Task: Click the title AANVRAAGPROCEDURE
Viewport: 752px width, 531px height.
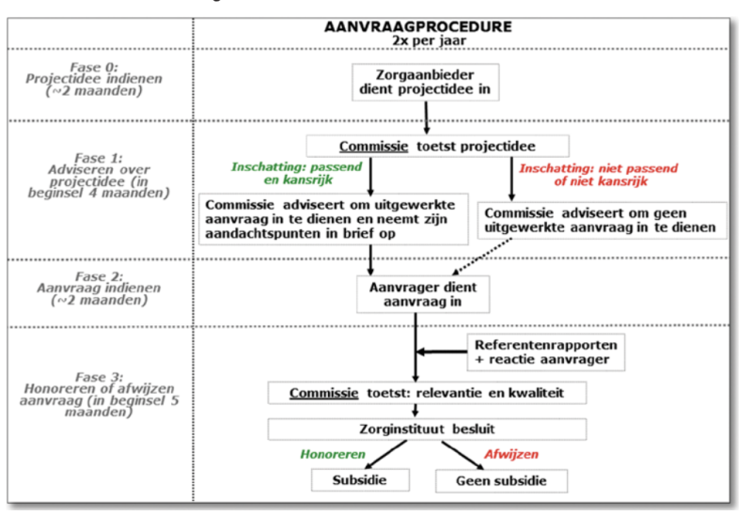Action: click(417, 27)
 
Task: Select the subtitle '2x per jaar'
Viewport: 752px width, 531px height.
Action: click(429, 40)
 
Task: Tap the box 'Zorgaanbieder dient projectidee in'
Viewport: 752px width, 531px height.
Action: click(426, 82)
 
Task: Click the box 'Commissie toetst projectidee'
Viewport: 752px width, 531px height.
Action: click(437, 146)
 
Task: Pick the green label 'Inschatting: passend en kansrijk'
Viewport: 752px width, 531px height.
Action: click(297, 173)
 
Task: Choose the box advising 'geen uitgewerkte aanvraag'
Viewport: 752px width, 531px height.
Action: click(602, 220)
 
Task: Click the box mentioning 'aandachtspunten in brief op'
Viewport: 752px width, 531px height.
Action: click(334, 219)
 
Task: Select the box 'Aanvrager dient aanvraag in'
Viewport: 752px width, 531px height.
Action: click(423, 294)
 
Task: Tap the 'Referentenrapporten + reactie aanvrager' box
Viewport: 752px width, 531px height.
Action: click(546, 352)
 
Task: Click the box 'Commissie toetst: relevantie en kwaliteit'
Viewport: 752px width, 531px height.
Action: click(427, 393)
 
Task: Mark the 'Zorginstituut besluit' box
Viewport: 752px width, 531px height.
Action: click(427, 429)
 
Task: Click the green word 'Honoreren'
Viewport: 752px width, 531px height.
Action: click(333, 454)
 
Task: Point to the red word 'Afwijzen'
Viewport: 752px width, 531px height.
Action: click(511, 454)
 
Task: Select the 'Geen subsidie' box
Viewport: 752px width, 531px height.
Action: click(501, 480)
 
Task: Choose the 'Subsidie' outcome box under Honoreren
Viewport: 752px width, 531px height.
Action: click(360, 480)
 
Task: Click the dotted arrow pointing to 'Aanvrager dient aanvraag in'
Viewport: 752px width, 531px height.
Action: click(482, 257)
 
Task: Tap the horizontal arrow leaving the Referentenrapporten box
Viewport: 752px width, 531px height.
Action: click(442, 352)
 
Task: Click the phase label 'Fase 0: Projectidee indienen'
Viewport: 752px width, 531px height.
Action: click(94, 79)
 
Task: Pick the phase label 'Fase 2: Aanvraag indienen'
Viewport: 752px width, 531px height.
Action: click(99, 289)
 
